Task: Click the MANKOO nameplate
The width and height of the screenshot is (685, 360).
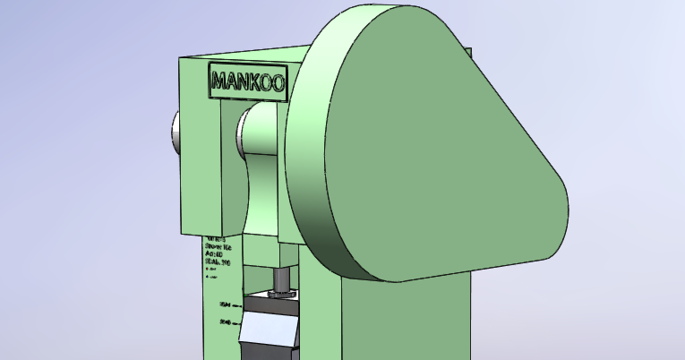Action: tap(247, 81)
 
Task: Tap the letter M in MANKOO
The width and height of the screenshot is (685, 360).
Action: tap(218, 83)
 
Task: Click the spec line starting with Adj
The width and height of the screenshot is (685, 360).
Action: tap(215, 253)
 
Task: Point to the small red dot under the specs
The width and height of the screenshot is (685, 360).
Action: tap(208, 269)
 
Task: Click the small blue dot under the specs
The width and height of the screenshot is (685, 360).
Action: tap(208, 277)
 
